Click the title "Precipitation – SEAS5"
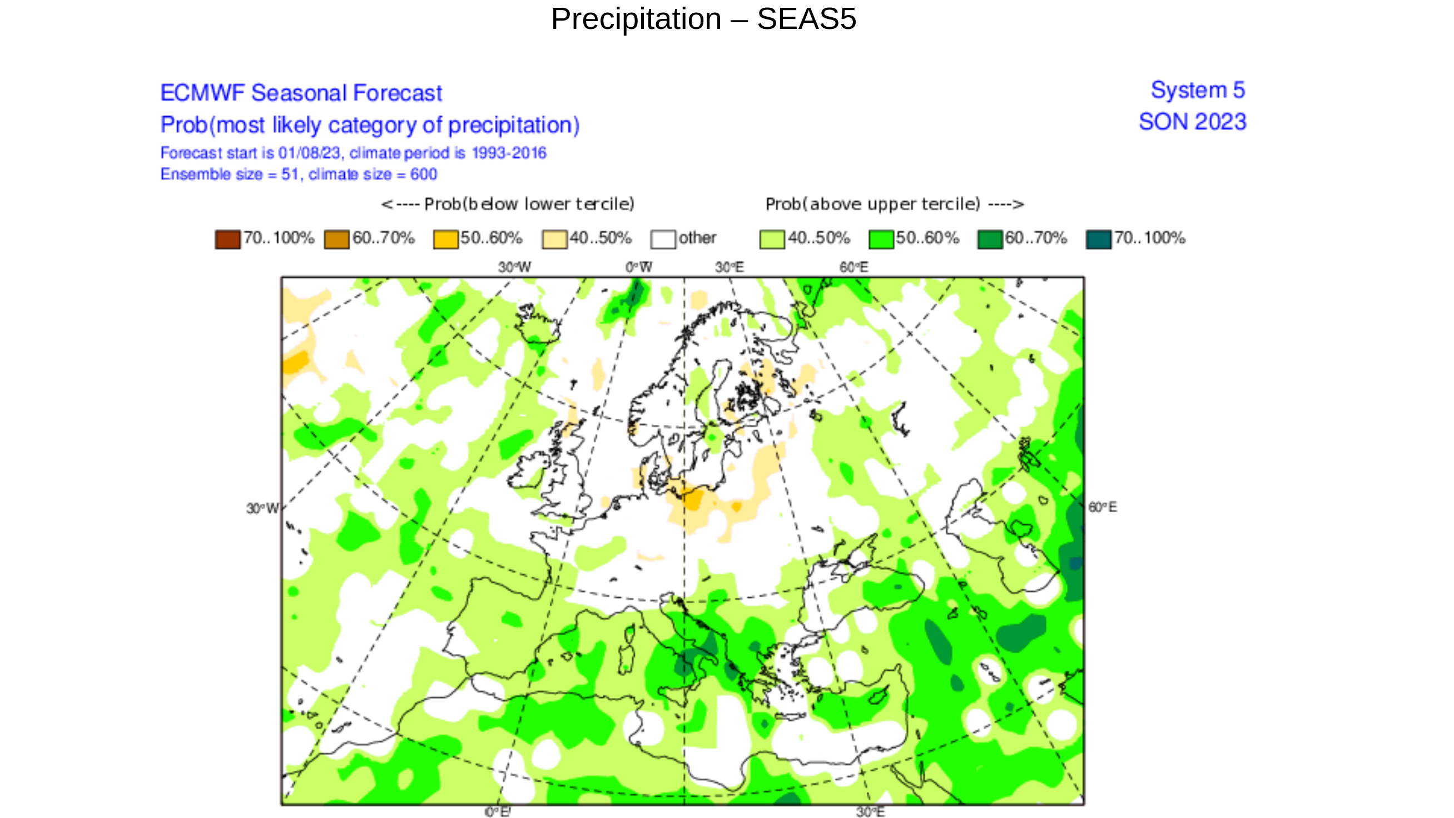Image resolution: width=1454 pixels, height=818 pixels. [703, 19]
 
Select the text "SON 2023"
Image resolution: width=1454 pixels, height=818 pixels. [1192, 122]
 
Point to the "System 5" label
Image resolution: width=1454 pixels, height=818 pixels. [1197, 90]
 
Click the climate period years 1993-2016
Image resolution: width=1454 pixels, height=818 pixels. [509, 153]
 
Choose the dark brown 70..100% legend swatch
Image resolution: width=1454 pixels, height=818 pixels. [227, 239]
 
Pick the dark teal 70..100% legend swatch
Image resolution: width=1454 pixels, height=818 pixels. [1098, 239]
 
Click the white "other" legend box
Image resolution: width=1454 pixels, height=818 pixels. [663, 239]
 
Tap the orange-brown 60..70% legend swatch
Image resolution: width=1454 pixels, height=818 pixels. [336, 239]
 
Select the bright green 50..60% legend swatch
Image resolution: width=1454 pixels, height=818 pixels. [881, 239]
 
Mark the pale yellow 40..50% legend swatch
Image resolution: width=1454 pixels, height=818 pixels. [554, 239]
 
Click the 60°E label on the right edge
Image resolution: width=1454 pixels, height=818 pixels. [1102, 507]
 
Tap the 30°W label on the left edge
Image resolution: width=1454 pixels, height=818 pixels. [262, 509]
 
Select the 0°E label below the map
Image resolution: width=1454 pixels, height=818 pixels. [497, 812]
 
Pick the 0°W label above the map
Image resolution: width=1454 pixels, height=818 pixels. [638, 267]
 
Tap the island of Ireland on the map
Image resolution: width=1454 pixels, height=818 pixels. [528, 472]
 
